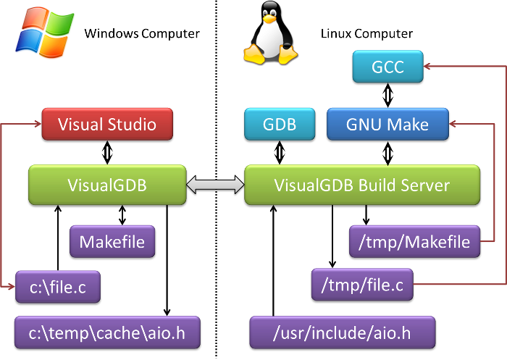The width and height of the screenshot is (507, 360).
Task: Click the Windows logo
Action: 44,32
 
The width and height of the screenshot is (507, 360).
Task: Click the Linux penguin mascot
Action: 270,34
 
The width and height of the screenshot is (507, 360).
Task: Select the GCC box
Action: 387,67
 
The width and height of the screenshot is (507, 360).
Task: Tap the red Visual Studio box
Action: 107,124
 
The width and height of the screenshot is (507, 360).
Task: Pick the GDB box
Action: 280,124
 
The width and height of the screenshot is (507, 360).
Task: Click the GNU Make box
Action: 387,124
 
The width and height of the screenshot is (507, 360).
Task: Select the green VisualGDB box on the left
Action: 107,185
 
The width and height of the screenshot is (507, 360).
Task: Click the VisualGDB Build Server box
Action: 361,185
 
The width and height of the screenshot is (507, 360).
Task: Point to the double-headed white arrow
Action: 216,185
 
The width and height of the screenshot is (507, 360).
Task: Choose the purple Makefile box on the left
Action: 112,241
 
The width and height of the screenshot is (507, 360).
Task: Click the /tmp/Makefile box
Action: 414,241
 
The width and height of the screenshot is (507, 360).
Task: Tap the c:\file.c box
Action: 57,287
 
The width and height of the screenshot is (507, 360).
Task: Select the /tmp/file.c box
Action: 361,285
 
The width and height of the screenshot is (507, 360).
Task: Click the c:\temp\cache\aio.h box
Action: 106,332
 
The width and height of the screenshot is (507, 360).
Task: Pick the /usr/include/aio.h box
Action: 342,332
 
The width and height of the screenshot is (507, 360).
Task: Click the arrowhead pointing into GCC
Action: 428,67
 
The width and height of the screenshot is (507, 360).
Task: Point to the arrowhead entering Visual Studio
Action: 37,124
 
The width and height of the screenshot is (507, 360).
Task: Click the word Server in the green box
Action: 426,185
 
